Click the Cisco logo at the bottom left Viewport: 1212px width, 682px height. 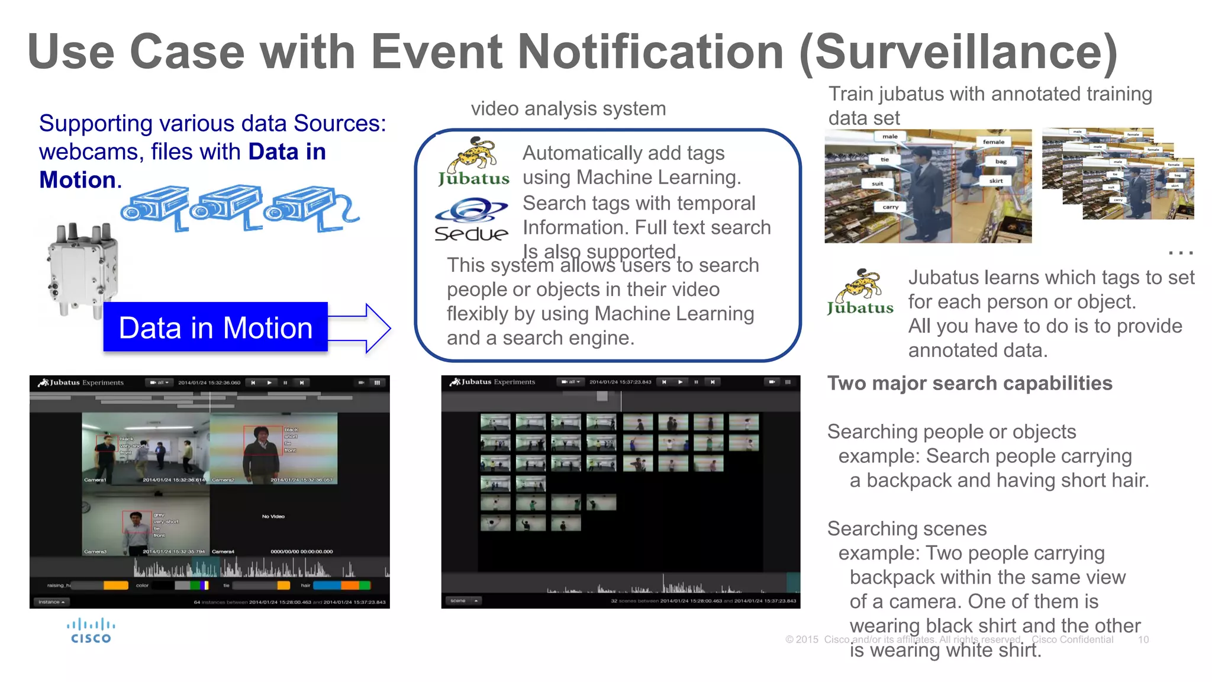point(91,631)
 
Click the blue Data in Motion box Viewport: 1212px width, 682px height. point(215,327)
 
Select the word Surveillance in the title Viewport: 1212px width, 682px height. point(959,52)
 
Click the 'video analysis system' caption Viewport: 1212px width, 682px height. point(568,109)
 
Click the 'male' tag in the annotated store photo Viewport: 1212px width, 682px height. point(890,137)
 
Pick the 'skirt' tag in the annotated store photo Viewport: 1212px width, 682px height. point(996,181)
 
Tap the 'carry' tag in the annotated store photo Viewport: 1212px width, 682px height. point(891,207)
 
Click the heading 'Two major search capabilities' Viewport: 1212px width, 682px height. point(969,383)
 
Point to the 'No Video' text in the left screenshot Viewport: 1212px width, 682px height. point(273,516)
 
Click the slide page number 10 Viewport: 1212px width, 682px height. point(1143,639)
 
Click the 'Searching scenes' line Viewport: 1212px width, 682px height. point(907,528)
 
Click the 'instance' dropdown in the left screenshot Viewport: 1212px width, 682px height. point(51,602)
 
